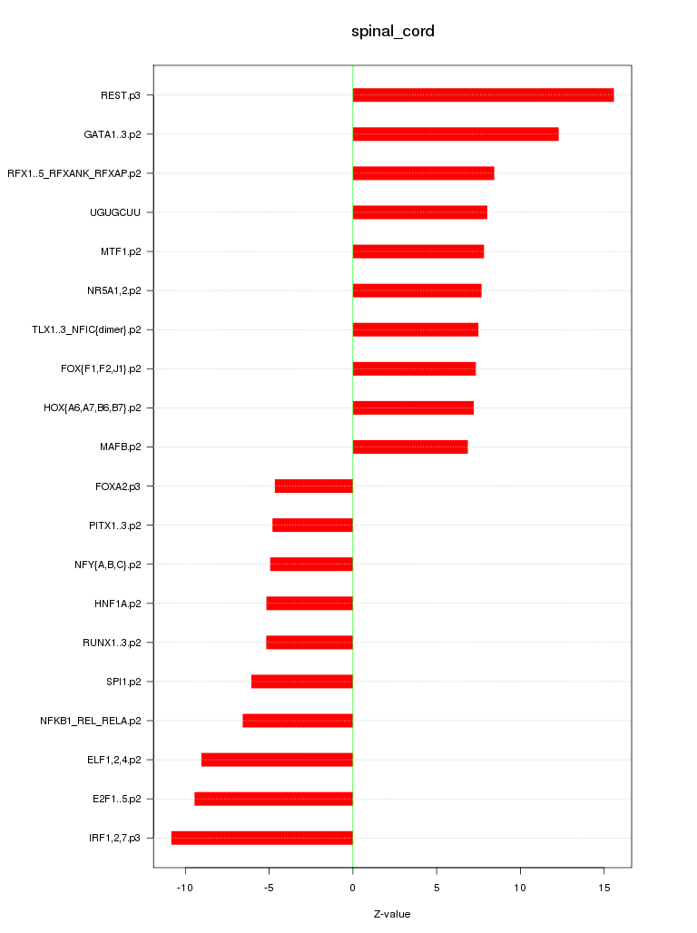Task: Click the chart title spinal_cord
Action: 393,32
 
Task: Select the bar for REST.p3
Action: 483,95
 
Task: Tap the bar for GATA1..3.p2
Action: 456,134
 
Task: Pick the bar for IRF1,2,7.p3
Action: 261,838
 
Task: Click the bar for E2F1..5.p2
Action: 273,799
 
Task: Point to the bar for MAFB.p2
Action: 410,447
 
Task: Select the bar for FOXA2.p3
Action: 313,486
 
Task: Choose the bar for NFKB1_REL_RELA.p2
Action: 297,721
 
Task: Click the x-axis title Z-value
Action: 392,914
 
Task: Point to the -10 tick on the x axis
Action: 185,886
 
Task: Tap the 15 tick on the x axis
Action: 604,886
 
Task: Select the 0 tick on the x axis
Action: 353,886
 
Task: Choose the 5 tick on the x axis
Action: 437,886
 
